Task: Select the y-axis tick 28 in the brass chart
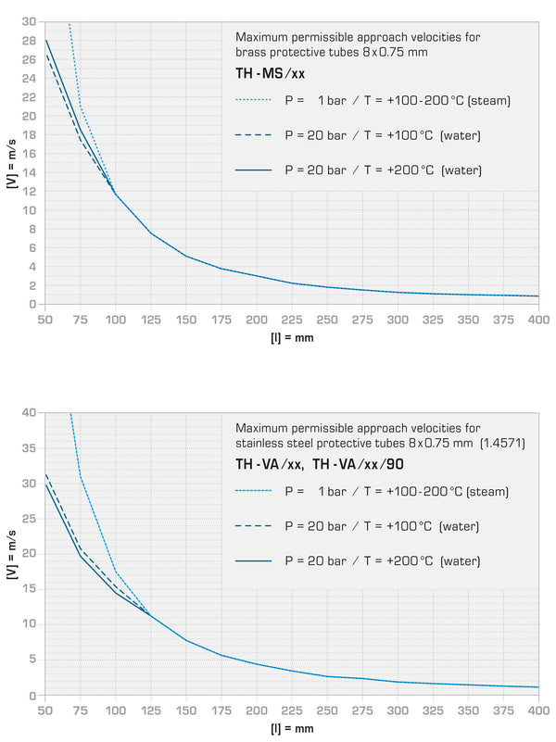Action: click(31, 41)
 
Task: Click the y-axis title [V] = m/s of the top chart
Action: click(10, 163)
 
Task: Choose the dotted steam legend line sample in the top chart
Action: click(253, 99)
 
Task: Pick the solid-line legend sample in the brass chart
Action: click(253, 170)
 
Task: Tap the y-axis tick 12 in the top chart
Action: click(31, 191)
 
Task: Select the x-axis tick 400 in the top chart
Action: click(538, 320)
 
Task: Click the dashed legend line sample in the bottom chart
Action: click(253, 526)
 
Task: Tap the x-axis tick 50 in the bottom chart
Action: click(44, 711)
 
